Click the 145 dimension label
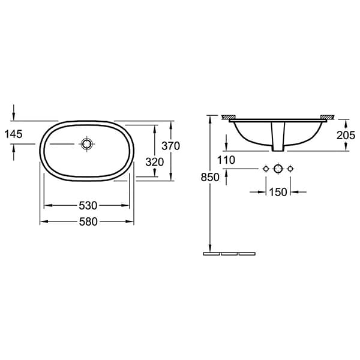pyautogui.click(x=12, y=134)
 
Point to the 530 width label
pyautogui.click(x=88, y=205)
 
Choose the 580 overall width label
pyautogui.click(x=88, y=221)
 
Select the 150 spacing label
pyautogui.click(x=278, y=192)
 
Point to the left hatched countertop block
pyautogui.click(x=228, y=116)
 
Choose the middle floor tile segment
pyautogui.click(x=230, y=254)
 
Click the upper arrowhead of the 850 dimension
pyautogui.click(x=209, y=118)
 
